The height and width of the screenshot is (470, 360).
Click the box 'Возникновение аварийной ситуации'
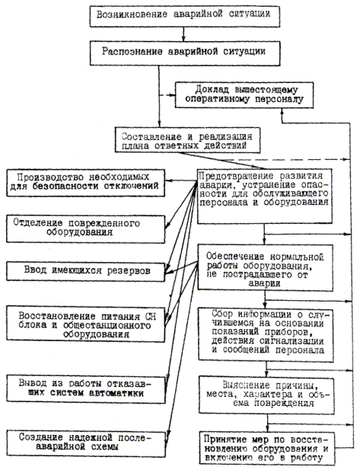point(185,16)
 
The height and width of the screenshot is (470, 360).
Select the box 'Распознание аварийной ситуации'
point(185,54)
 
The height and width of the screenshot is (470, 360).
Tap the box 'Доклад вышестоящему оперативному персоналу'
point(244,94)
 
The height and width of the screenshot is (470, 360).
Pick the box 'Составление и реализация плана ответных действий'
point(187,140)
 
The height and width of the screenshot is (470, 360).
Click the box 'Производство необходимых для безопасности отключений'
point(86,183)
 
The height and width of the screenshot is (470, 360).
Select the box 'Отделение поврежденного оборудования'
point(86,229)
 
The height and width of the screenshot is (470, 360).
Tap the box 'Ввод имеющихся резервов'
point(86,272)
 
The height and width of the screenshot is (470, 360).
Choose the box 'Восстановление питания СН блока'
point(86,324)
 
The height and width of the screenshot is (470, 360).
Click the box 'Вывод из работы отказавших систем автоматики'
point(86,389)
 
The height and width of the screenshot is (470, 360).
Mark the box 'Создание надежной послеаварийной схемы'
point(86,443)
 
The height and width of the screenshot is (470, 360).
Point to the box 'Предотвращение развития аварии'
point(264,196)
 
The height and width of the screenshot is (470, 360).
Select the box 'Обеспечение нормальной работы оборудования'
point(265,267)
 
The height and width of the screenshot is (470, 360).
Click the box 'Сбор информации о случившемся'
point(266,335)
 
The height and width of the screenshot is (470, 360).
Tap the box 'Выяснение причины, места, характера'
point(266,395)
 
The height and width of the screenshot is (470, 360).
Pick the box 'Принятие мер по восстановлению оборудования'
point(267,448)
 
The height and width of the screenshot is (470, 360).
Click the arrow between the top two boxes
point(184,34)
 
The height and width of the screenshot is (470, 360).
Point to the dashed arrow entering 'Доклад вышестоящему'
point(167,95)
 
